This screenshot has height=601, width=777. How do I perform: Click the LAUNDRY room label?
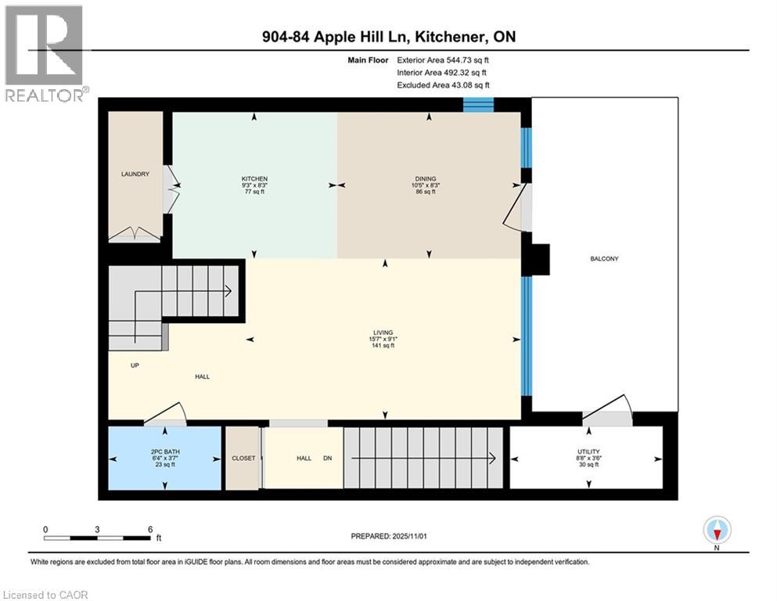135,174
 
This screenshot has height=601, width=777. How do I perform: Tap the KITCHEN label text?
254,179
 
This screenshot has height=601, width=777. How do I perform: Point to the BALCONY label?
604,258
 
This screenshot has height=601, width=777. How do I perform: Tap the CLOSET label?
243,458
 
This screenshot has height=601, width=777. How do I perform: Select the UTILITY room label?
587,452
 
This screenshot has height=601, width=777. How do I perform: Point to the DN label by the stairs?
327,458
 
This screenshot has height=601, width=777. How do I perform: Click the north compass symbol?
718,531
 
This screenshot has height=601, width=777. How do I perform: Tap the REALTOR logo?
44,53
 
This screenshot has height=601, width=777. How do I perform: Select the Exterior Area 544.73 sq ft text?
446,59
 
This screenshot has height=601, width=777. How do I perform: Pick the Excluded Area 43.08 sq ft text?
446,85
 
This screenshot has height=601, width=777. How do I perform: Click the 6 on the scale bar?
149,529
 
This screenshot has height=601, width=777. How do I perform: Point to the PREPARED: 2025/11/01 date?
389,536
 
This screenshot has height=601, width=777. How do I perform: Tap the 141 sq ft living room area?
383,345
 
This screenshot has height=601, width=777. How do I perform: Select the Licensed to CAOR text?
45,595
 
